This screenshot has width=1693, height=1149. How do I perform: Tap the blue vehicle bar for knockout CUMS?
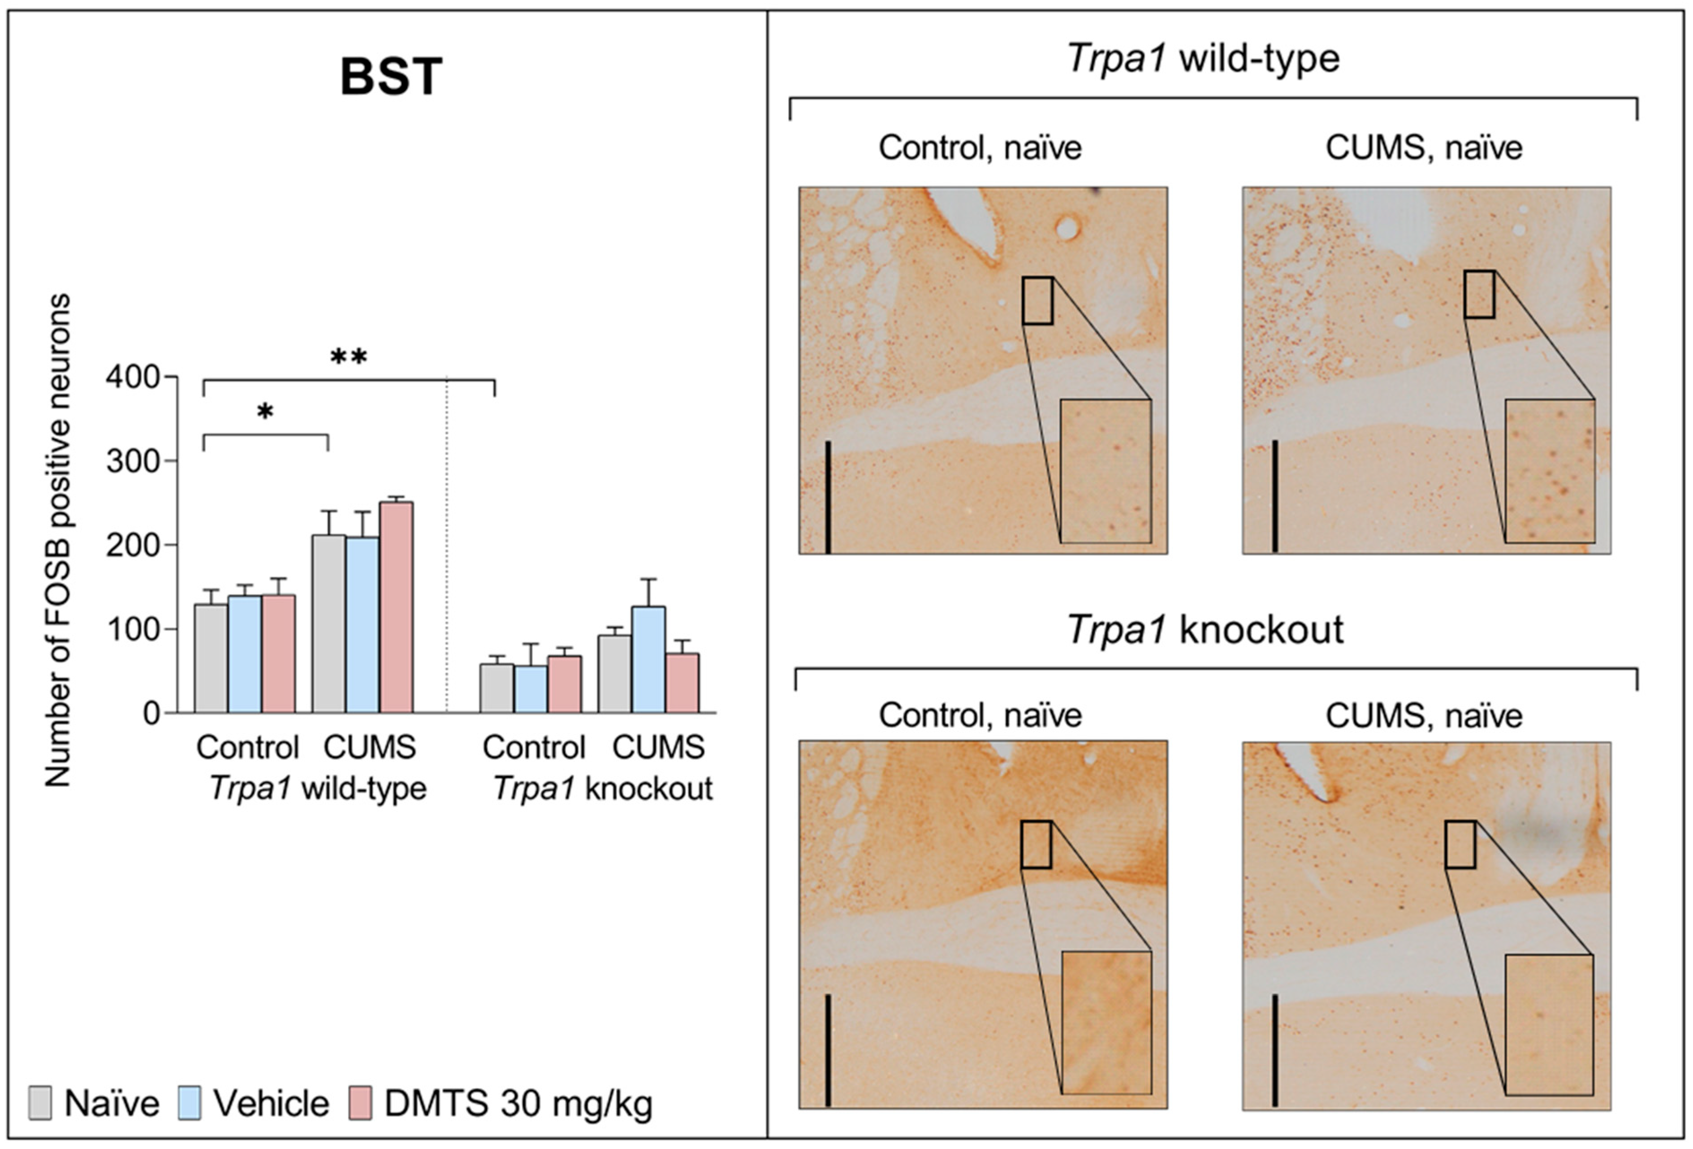648,659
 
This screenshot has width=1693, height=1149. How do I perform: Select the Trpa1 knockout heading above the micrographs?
1205,629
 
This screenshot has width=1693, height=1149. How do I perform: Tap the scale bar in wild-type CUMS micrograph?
1275,495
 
